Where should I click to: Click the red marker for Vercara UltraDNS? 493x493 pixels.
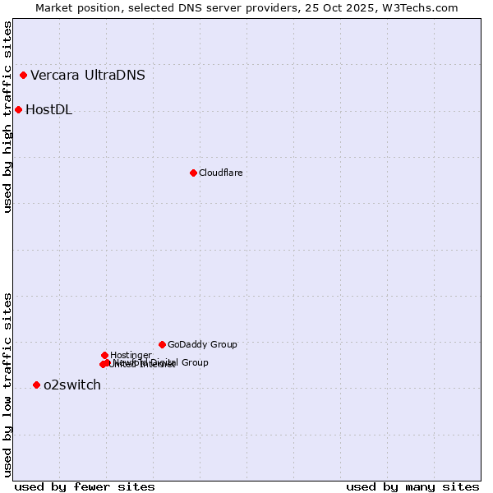point(23,76)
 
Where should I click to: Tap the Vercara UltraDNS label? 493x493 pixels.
point(88,76)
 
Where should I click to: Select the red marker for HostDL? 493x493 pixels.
point(18,109)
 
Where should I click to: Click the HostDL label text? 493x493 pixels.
point(49,110)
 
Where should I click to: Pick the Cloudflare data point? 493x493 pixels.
point(193,173)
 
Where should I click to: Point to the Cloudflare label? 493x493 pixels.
point(220,173)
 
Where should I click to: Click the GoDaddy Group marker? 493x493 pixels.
point(162,344)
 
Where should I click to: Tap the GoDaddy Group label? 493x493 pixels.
point(202,345)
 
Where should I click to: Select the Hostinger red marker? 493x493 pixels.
point(104,355)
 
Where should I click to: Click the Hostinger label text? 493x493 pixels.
point(131,355)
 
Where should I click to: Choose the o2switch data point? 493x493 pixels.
point(36,385)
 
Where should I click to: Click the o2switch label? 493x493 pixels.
point(72,385)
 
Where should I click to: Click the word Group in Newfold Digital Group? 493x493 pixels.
point(194,362)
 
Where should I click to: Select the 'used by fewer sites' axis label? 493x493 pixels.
point(85,487)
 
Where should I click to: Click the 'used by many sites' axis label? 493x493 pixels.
point(412,487)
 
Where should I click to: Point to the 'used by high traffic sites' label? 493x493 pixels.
point(7,117)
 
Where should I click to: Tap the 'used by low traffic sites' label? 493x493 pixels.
point(7,385)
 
